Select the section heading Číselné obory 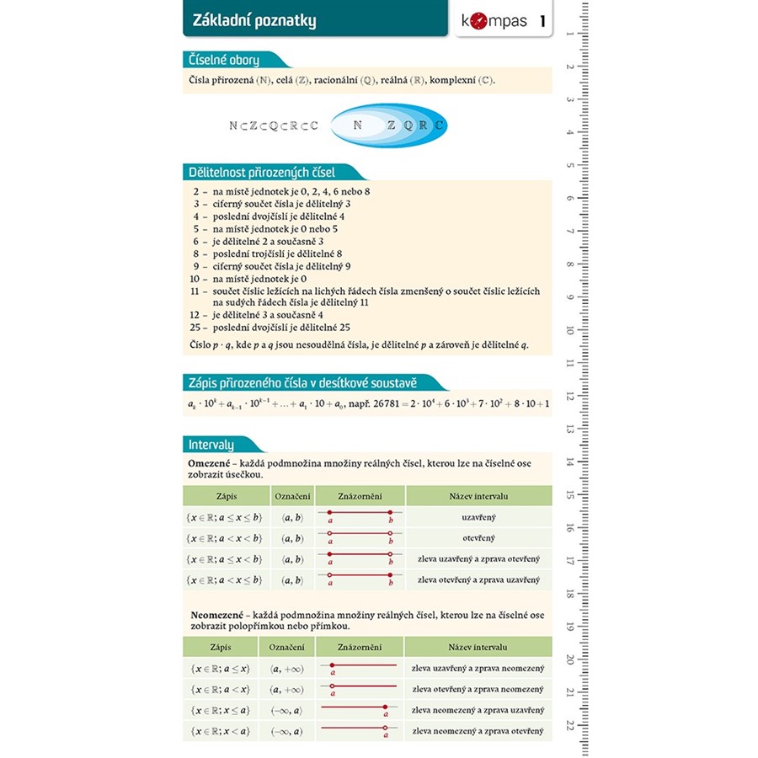tap(224, 60)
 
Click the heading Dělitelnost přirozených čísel tap(262, 173)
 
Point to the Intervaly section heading tap(211, 444)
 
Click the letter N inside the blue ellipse tap(358, 125)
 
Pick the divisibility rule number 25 tap(199, 327)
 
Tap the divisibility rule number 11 tap(199, 291)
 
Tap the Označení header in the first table tap(293, 496)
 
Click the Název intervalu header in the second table tap(478, 648)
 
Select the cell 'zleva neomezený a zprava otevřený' tap(478, 731)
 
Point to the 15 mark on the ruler tap(570, 495)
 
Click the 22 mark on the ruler tap(570, 725)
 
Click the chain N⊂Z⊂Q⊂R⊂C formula tap(274, 125)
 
